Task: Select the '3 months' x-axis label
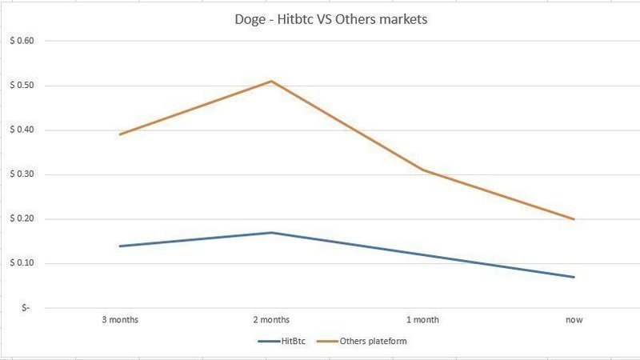120,320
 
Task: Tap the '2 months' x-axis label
271,320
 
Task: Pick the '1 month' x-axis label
422,320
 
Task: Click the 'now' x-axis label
574,320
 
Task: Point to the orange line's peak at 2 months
271,81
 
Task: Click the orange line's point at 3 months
120,134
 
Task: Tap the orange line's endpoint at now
574,218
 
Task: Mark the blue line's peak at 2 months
271,232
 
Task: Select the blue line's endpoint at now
574,277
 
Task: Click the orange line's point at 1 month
422,170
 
